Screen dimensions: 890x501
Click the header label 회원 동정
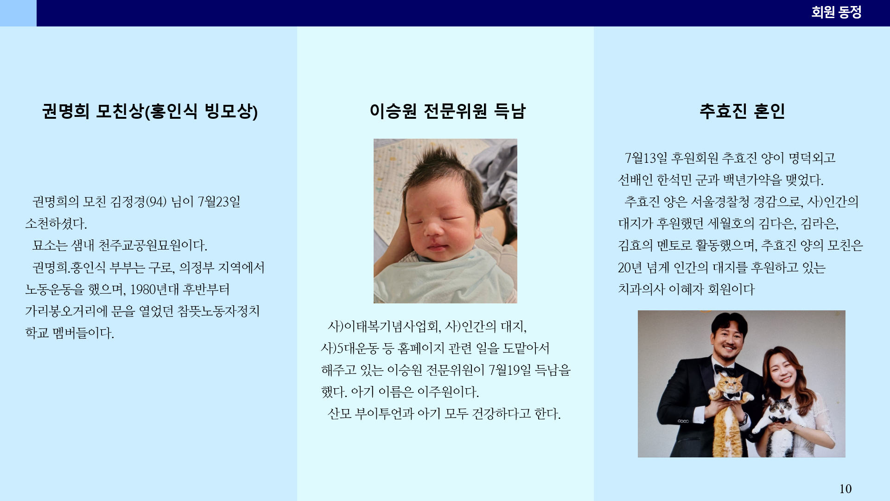(836, 12)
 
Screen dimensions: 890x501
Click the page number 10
(845, 488)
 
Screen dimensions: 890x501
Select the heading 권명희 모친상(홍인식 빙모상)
(150, 111)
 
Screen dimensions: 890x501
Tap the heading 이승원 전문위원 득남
(447, 111)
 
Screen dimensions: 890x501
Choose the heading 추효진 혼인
(742, 111)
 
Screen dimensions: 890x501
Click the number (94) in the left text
(156, 202)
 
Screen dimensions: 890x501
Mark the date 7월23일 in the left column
(219, 202)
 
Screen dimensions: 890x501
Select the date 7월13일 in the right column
(646, 158)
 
